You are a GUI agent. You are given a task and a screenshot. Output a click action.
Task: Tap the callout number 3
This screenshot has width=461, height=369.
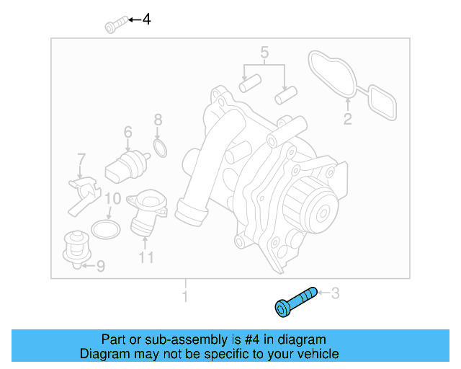pyautogui.click(x=334, y=293)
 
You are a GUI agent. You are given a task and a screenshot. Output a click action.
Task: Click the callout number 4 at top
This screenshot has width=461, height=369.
pyautogui.click(x=146, y=19)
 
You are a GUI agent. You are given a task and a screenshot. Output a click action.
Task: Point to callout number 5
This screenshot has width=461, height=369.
pyautogui.click(x=264, y=52)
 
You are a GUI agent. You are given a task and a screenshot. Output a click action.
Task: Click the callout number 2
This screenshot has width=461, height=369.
pyautogui.click(x=347, y=120)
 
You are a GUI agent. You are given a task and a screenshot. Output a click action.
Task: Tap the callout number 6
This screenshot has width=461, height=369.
pyautogui.click(x=127, y=132)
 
